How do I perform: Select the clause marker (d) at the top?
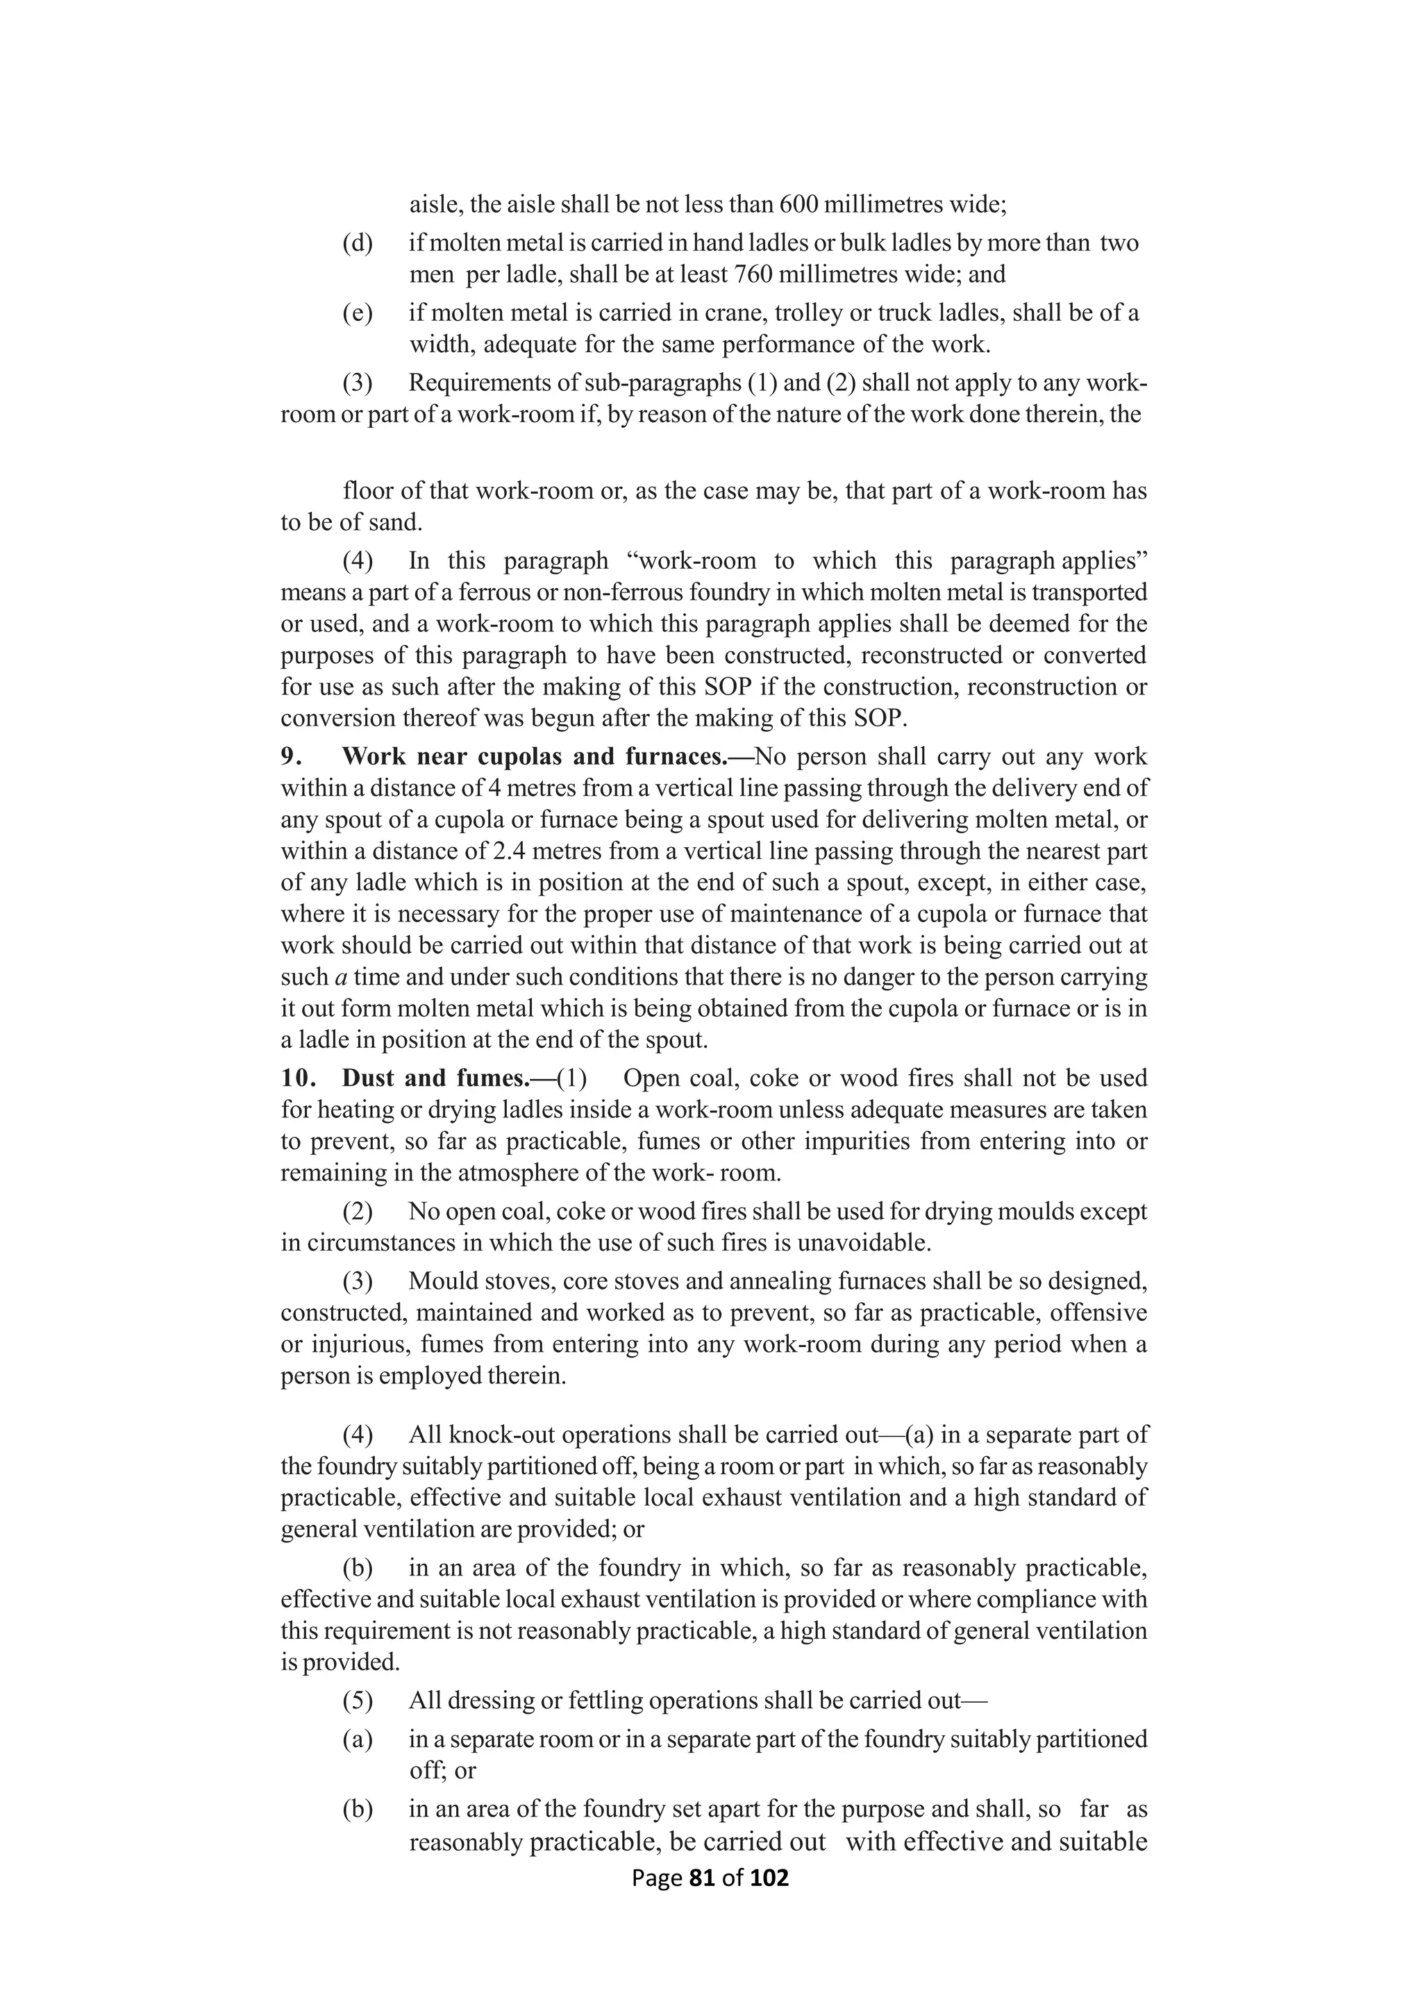click(x=358, y=242)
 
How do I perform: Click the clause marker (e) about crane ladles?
click(x=358, y=312)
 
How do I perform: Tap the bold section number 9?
click(x=292, y=756)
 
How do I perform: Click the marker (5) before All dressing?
click(x=358, y=1700)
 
